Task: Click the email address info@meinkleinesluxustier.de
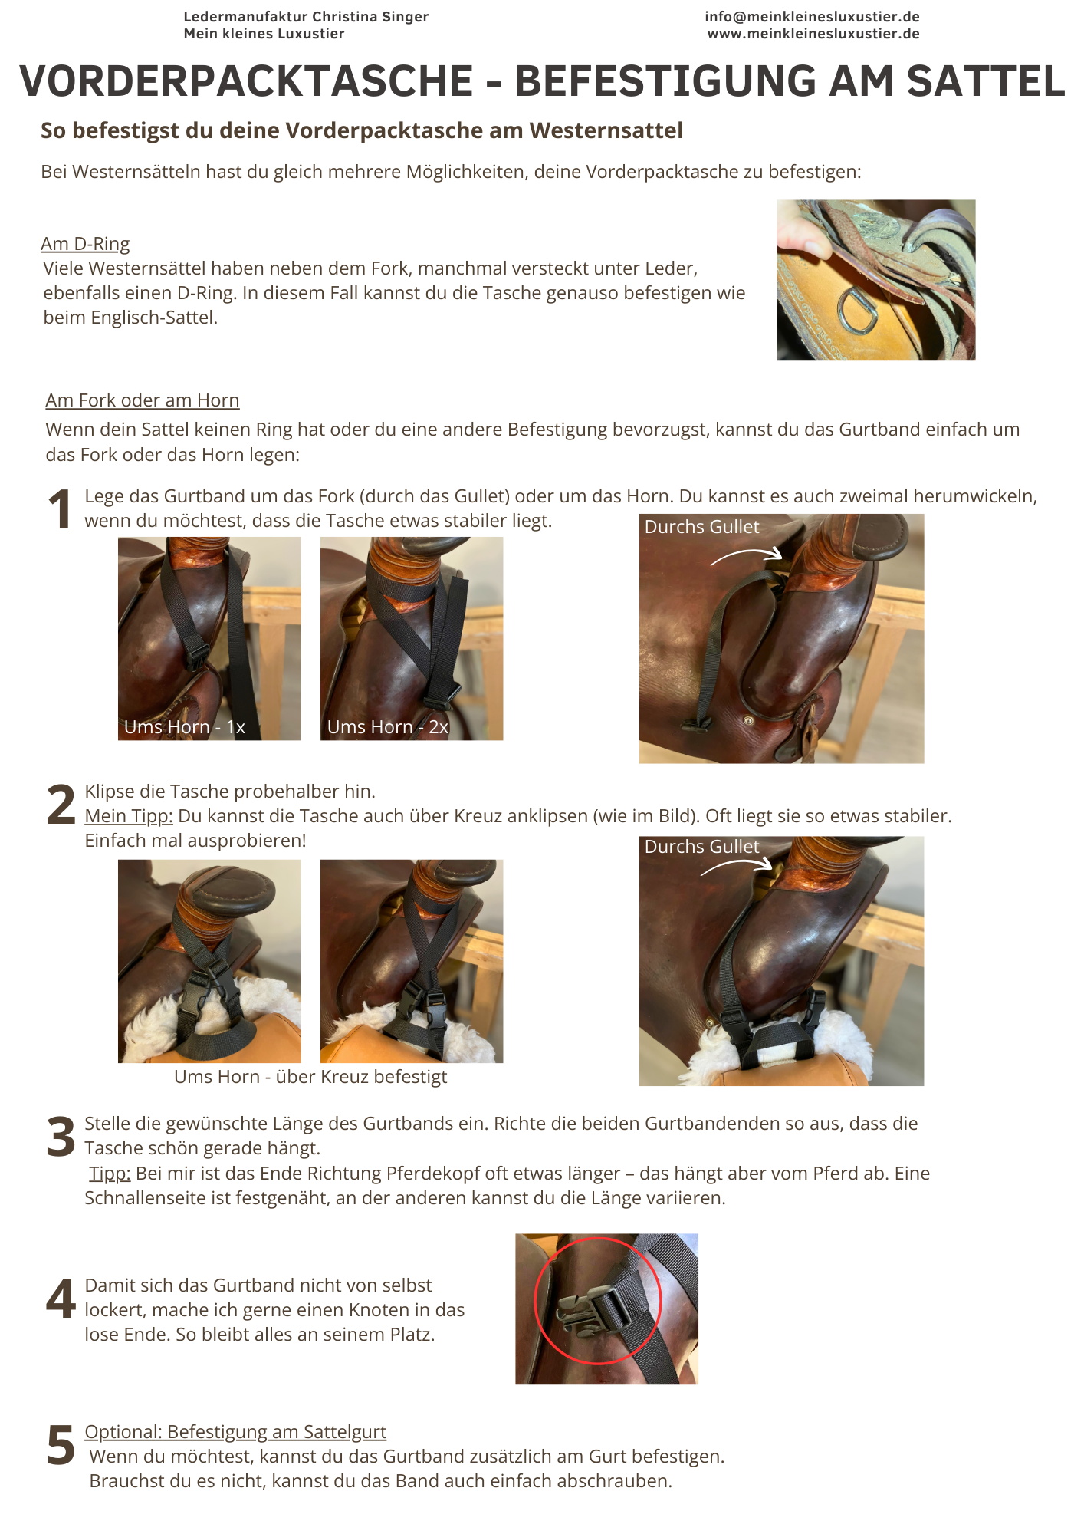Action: coord(812,17)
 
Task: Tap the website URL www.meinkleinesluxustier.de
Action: coord(813,34)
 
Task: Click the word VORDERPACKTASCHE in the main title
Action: coord(246,81)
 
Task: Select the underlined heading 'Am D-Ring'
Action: coord(85,244)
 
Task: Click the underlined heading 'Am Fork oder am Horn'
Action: coord(143,400)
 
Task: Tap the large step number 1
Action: coord(60,510)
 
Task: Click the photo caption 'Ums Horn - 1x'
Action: coord(185,727)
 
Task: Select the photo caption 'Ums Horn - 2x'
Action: coord(388,727)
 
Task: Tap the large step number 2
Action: coord(61,805)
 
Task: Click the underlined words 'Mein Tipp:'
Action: coord(129,816)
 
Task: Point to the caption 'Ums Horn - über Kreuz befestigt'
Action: coord(310,1077)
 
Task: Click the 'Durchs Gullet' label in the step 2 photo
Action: coord(702,847)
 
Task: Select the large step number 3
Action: coord(61,1137)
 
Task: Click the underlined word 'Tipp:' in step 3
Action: coord(110,1174)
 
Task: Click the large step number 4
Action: coord(61,1299)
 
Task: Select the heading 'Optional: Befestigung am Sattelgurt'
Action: coord(235,1432)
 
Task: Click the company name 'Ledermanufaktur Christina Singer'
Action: coord(306,17)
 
